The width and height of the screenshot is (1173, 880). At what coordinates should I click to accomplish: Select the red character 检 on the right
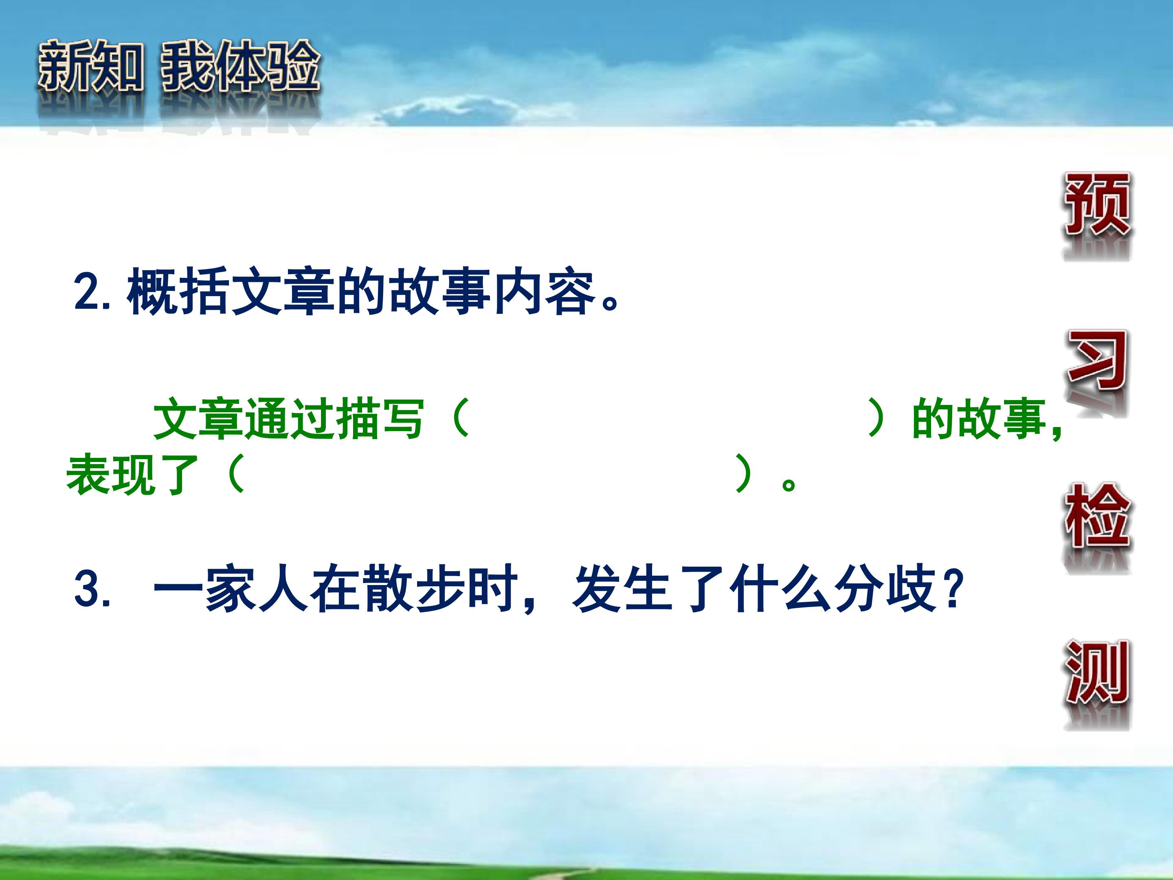coord(1097,516)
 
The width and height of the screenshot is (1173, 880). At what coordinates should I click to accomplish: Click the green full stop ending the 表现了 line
coord(789,483)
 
